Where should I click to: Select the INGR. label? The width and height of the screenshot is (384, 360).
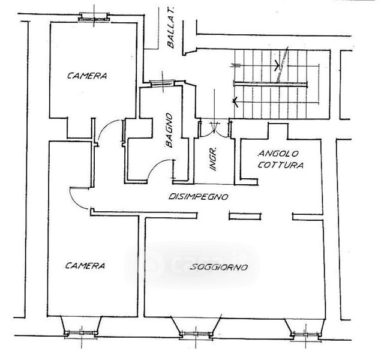(x=212, y=159)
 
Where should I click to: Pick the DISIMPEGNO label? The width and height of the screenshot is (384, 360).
(x=200, y=196)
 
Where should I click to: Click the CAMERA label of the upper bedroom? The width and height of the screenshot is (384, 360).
(x=87, y=76)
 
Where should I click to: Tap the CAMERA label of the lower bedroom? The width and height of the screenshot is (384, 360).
(x=86, y=265)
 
